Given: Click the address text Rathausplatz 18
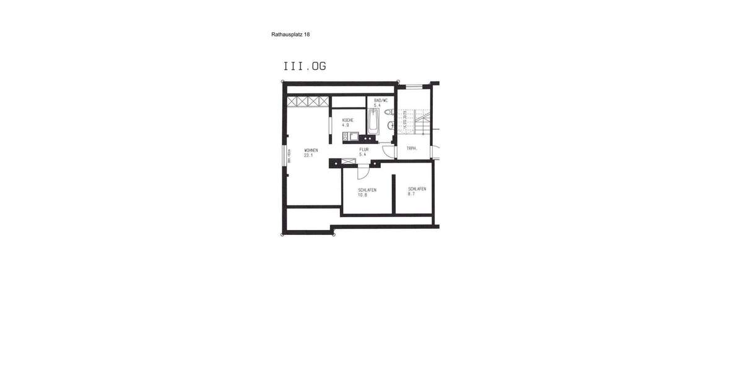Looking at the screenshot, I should pos(290,35).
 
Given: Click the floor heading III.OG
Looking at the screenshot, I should pos(305,66).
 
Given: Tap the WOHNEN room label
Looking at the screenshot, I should pos(311,150).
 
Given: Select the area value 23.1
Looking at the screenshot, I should pos(308,156).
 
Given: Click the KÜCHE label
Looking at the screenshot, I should pos(347,119).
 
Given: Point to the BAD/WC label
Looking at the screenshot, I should pos(381,100).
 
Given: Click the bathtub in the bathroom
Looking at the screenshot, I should pos(373,121).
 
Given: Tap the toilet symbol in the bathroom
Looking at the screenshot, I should pos(388,112).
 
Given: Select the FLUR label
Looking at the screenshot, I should pos(364,150).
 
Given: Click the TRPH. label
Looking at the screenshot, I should pos(412,149).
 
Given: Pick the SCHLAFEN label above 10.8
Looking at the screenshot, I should pos(367,190).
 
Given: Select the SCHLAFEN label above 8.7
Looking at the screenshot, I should pos(417,189).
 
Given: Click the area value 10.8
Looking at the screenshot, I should pos(363,195).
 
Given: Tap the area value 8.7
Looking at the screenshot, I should pos(412,194).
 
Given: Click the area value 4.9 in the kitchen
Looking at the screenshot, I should pos(345,125).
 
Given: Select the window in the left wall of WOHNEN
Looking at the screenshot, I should pos(286,156).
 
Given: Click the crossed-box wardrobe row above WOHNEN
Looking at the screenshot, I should pos(308,101).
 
